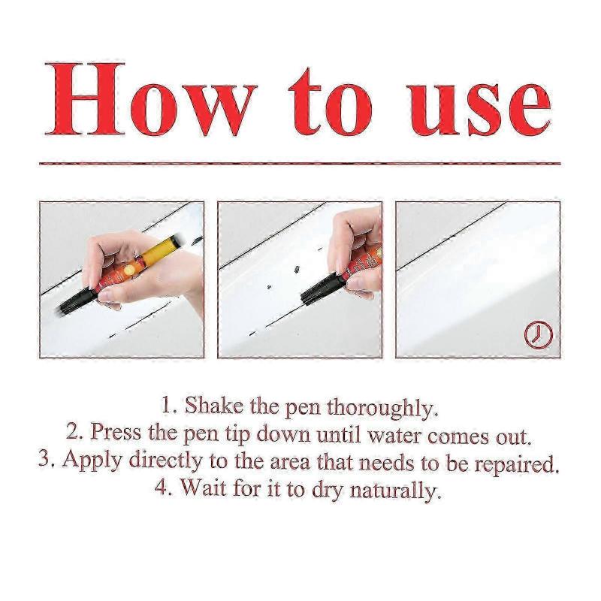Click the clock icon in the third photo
537,334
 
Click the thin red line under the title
300,162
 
